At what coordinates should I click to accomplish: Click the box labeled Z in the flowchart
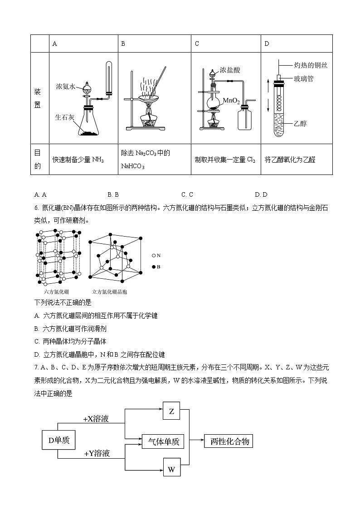(171, 411)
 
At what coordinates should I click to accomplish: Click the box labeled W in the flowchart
(171, 469)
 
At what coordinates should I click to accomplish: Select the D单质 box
(58, 440)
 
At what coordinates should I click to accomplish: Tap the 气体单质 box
(163, 441)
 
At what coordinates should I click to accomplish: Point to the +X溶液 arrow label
(96, 419)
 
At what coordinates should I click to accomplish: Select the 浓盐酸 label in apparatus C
(229, 70)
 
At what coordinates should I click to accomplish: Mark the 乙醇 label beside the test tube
(300, 123)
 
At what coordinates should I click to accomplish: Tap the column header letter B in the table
(123, 44)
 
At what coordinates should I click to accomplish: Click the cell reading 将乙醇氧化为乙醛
(290, 160)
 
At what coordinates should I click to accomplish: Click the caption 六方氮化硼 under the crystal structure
(57, 292)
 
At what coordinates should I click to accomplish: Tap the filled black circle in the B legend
(154, 267)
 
